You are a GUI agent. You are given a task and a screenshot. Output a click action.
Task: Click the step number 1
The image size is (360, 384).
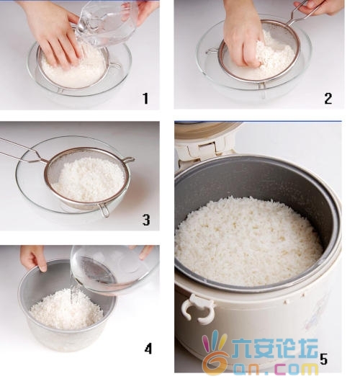(146, 99)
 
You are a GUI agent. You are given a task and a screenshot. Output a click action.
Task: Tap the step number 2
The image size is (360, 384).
(328, 99)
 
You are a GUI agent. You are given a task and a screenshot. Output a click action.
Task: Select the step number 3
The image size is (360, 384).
(146, 220)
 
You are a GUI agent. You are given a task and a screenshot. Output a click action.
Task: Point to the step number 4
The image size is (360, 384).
(148, 348)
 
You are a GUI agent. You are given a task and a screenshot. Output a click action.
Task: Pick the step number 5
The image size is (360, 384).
(323, 360)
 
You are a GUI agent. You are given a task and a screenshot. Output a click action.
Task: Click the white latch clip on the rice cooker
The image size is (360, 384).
(198, 309)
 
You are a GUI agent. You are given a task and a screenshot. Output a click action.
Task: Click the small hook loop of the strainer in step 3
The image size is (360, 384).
(104, 210)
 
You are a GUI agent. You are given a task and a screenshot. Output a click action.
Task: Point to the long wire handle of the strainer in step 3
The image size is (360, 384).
(23, 151)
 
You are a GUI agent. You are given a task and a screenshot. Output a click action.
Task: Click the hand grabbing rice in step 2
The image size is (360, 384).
(243, 37)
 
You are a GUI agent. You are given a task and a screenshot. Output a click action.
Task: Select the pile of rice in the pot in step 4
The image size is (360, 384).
(66, 310)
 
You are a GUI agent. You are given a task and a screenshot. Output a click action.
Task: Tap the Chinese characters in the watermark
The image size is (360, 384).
(274, 348)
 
